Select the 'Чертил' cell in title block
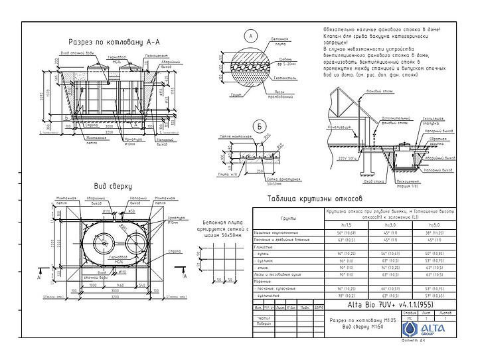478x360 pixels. click(264, 318)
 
